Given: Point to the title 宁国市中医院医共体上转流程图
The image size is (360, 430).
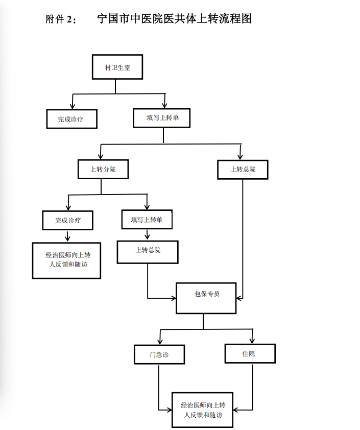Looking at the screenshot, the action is [174, 19].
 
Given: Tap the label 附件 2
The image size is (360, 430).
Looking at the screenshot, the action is [60, 19].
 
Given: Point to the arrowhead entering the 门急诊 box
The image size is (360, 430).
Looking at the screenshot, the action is [160, 342].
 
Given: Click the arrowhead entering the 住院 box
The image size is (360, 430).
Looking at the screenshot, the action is [252, 341].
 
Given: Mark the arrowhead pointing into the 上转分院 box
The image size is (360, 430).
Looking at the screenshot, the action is [101, 157].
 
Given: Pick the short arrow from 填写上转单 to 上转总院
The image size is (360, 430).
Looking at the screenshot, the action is [147, 235].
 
